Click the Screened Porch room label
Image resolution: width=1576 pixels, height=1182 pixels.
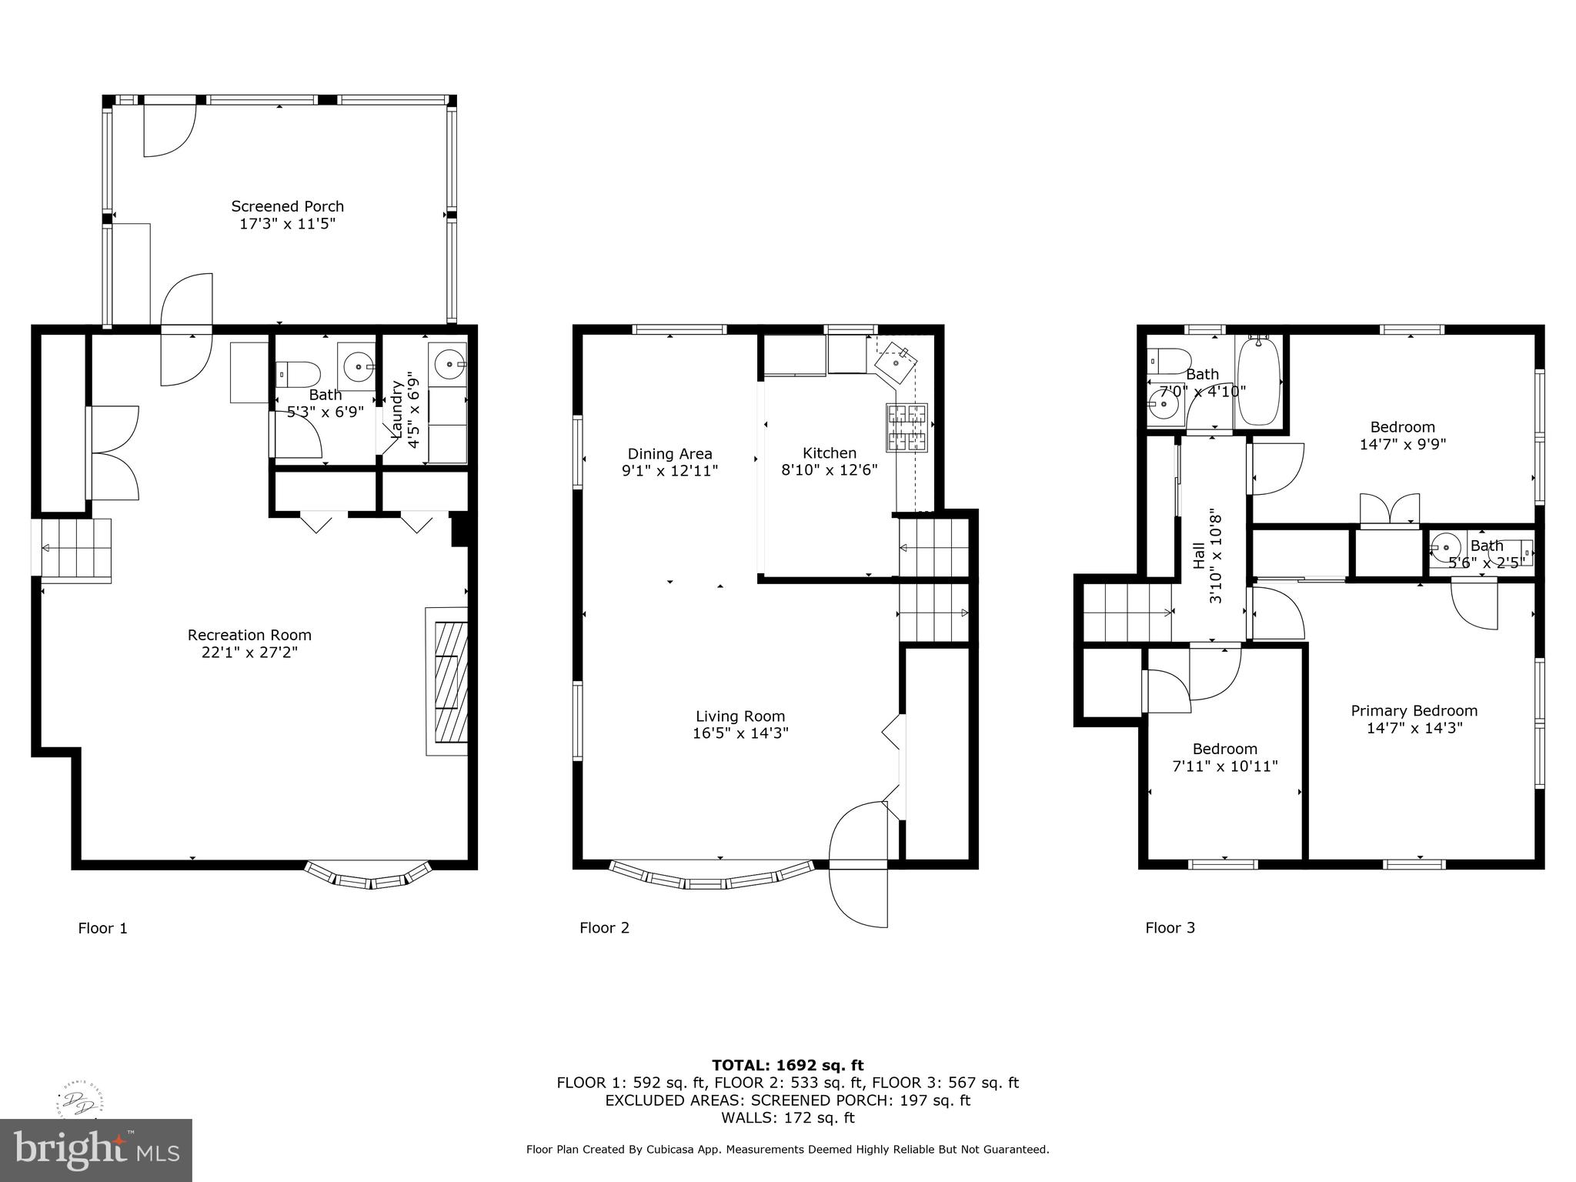(287, 206)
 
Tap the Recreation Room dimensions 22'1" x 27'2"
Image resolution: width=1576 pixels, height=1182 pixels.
(249, 653)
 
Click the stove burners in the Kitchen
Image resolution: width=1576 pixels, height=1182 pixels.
(907, 427)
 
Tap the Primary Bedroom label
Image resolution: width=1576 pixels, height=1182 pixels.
(1414, 711)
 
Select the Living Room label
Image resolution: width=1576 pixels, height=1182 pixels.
(740, 716)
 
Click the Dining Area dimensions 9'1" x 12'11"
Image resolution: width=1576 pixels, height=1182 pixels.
(669, 471)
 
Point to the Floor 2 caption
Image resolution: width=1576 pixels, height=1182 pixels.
(604, 928)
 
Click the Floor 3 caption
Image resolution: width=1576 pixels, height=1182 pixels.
(1170, 928)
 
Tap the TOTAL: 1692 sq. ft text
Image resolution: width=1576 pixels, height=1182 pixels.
(787, 1066)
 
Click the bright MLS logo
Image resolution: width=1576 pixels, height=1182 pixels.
(96, 1150)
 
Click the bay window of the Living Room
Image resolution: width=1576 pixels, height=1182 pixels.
(711, 878)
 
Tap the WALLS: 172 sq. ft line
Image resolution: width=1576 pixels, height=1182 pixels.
(787, 1118)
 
